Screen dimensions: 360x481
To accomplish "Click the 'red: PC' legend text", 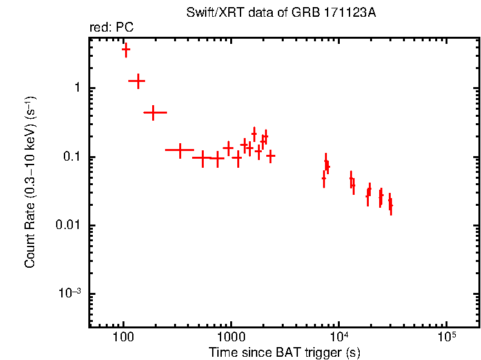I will coord(112,28).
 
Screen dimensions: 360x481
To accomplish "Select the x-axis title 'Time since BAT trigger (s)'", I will coord(284,352).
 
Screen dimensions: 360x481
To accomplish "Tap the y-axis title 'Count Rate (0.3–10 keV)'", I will coord(30,182).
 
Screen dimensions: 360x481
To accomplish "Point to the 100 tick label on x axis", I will coord(123,338).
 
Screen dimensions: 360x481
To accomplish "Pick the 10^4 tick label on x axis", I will coord(338,337).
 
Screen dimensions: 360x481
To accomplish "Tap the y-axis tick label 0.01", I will coord(68,226).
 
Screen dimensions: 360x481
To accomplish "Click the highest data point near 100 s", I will coord(126,49).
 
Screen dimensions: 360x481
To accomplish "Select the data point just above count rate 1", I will coord(137,81).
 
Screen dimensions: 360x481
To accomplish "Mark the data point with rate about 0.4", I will coord(153,112).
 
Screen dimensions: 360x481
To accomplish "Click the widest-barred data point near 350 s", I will coord(180,150).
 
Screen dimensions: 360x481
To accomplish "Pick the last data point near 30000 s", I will coord(391,206).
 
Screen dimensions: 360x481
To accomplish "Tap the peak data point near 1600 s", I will coord(254,134).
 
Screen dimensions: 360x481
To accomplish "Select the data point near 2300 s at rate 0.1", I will coord(271,155).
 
